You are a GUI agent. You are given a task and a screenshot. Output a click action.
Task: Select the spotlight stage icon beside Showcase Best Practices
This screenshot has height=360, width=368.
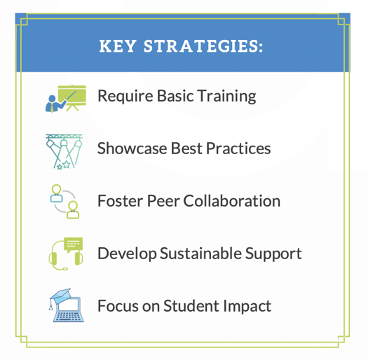64,150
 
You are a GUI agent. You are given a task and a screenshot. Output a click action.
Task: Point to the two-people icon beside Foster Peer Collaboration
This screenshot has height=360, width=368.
64,202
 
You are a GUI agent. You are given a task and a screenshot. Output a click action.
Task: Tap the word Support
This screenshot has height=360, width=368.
276,254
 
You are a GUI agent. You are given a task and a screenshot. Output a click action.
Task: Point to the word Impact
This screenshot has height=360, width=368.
245,306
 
